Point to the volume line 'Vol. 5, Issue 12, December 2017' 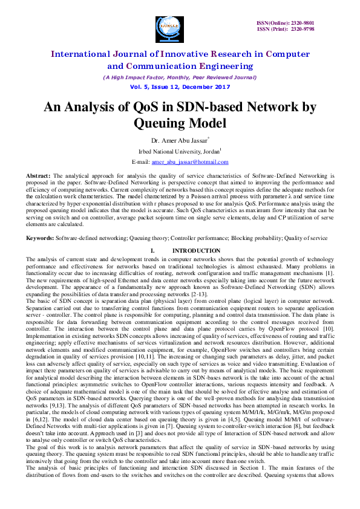tap(180, 87)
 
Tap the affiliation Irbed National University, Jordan tap(179, 151)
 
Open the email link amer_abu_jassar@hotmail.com tap(190, 162)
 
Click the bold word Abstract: tap(39, 174)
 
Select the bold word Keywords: tap(40, 238)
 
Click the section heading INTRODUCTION tap(197, 250)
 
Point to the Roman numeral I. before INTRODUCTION tap(152, 250)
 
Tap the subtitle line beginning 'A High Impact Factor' tap(180, 77)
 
